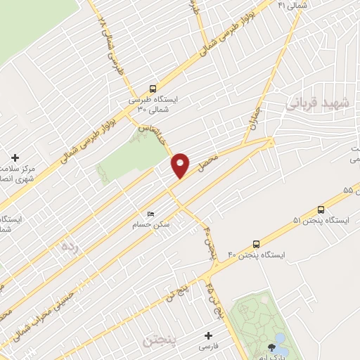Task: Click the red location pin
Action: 181,164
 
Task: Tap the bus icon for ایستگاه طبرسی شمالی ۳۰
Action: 153,89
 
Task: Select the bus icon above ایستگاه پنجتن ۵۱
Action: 321,209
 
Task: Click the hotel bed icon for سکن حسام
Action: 150,214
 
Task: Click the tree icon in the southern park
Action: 271,347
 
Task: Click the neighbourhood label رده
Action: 68,246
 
